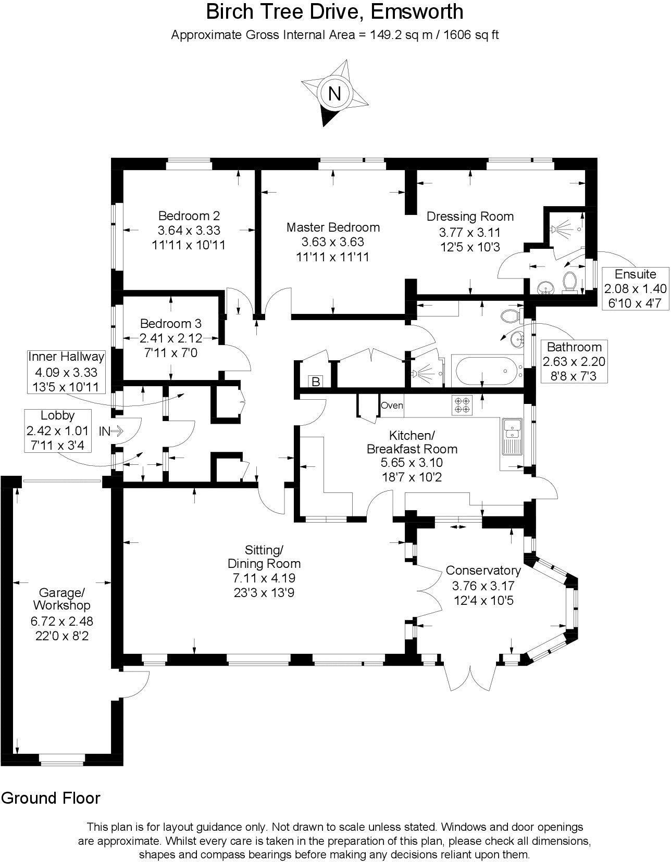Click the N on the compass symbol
click(334, 94)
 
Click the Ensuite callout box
click(635, 289)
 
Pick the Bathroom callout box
click(574, 362)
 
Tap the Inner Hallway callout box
click(66, 372)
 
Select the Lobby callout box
click(57, 430)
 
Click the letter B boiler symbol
click(315, 382)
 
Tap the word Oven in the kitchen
click(392, 405)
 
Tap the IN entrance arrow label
click(110, 431)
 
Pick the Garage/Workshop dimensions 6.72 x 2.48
click(61, 621)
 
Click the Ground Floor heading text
click(51, 798)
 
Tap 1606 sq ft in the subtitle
click(471, 35)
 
